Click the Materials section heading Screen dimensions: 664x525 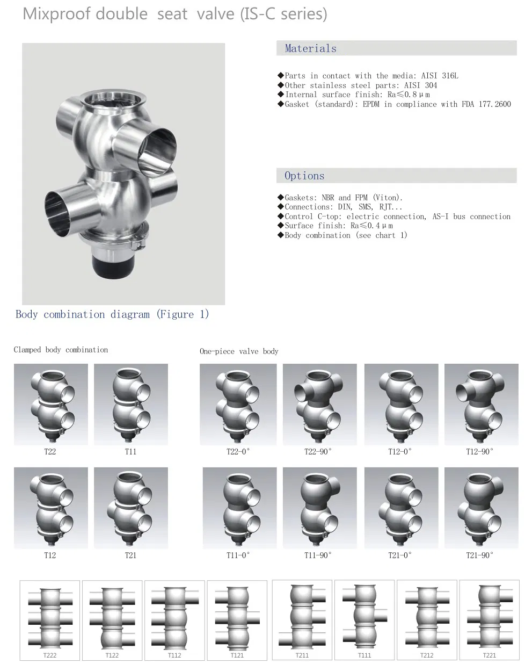[310, 48]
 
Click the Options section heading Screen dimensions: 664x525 [304, 176]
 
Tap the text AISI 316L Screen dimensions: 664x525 [440, 76]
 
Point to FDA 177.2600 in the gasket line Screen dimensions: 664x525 [486, 104]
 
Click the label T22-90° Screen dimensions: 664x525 [318, 452]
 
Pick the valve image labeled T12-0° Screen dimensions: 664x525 [400, 405]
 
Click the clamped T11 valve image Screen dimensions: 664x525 [130, 405]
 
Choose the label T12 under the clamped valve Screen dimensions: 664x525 [50, 555]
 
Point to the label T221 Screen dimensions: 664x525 [489, 655]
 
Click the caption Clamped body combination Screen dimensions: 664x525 [61, 350]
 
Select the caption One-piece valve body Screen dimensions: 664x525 [239, 351]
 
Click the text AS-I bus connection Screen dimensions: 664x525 [471, 216]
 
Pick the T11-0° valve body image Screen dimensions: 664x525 [239, 508]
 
